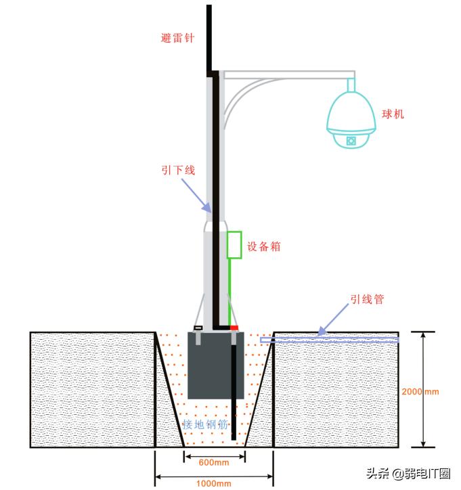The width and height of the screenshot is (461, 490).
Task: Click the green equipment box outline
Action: point(234,245)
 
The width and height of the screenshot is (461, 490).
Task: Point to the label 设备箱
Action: point(263,247)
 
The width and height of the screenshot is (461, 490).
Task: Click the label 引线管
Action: point(367,298)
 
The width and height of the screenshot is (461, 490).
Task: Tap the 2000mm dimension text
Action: point(420,391)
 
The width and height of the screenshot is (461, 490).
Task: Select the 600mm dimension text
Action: point(214,462)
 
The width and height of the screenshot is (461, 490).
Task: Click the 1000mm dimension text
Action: point(214,483)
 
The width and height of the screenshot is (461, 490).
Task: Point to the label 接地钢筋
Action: point(204,424)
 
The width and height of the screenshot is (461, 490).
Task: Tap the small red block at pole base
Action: point(234,328)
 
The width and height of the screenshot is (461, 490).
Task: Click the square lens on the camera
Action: point(351,141)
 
